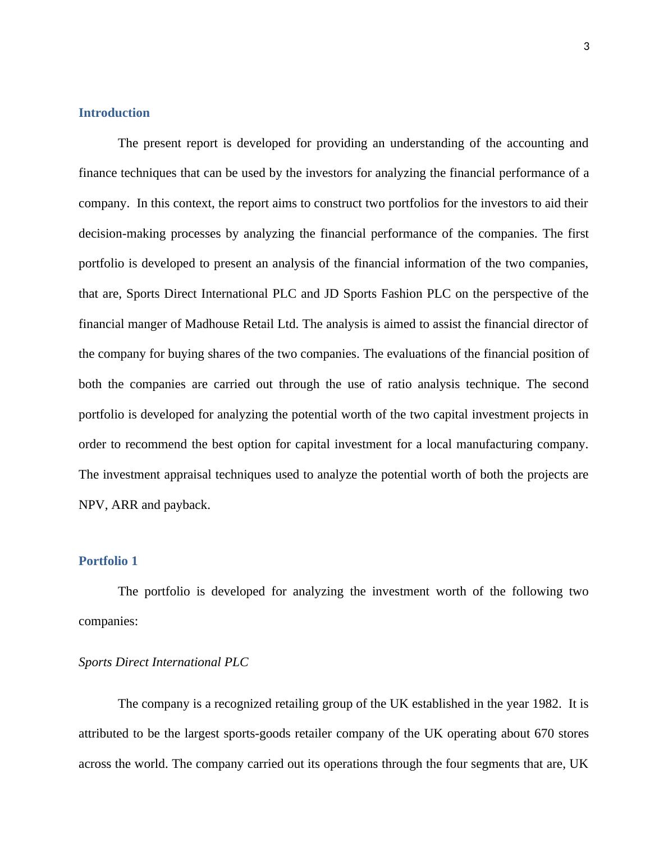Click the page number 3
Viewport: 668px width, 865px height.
[x=587, y=47]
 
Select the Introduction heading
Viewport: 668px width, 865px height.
[x=114, y=113]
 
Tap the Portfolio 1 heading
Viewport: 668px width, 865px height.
[x=108, y=561]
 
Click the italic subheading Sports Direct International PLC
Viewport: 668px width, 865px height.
[x=163, y=662]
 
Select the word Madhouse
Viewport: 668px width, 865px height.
[x=212, y=324]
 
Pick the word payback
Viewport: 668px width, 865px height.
[x=187, y=505]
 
